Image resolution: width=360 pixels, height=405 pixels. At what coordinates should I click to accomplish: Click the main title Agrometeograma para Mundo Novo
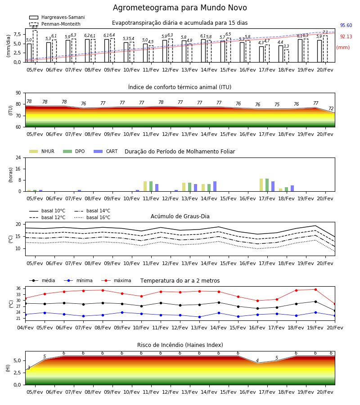pyautogui.click(x=180, y=8)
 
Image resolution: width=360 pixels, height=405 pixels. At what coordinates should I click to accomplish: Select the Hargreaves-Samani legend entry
pyautogui.click(x=57, y=17)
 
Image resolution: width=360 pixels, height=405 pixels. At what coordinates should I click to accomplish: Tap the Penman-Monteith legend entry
pyautogui.click(x=55, y=24)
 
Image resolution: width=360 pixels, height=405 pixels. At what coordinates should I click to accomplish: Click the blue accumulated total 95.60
pyautogui.click(x=346, y=25)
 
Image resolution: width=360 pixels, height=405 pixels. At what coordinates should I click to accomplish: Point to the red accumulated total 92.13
pyautogui.click(x=346, y=36)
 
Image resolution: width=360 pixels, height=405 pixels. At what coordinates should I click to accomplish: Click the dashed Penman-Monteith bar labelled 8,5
pyautogui.click(x=35, y=46)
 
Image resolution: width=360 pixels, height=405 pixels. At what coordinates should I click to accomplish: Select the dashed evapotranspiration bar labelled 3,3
pyautogui.click(x=287, y=56)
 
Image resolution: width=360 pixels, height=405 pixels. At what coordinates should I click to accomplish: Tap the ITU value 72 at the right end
pyautogui.click(x=331, y=108)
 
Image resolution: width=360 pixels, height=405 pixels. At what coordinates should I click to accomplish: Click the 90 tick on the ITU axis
pyautogui.click(x=18, y=93)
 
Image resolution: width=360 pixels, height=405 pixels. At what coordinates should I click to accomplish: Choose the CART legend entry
pyautogui.click(x=106, y=151)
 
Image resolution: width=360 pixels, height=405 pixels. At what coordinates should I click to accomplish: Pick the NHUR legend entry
pyautogui.click(x=42, y=151)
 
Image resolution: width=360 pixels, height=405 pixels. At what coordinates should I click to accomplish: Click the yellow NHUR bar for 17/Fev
pyautogui.click(x=261, y=185)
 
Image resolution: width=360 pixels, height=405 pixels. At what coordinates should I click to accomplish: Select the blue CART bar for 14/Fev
pyautogui.click(x=215, y=186)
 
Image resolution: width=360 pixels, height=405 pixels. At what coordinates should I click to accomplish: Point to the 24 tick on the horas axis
pyautogui.click(x=18, y=157)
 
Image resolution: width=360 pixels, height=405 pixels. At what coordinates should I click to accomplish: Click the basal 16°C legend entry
pyautogui.click(x=92, y=217)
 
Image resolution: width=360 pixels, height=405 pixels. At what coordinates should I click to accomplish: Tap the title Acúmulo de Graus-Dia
pyautogui.click(x=180, y=216)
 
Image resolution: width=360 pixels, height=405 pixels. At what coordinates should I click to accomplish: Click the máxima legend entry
pyautogui.click(x=116, y=280)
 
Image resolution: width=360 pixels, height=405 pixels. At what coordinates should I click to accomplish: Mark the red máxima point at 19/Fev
pyautogui.click(x=315, y=289)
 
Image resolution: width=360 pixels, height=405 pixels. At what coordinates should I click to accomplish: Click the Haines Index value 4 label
pyautogui.click(x=257, y=360)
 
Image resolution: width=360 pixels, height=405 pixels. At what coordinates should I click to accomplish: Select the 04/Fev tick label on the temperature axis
pyautogui.click(x=25, y=328)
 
